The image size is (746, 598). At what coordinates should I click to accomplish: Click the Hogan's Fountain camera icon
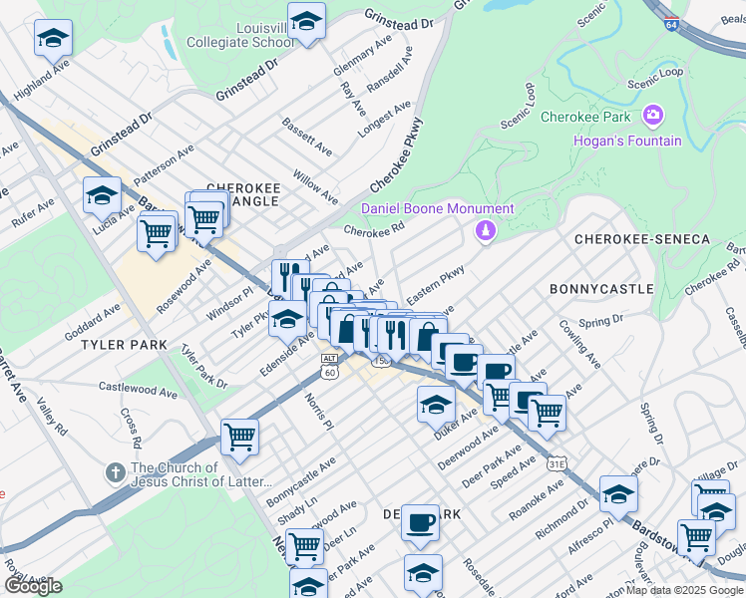click(x=653, y=116)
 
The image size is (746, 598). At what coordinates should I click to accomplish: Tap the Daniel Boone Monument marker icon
click(x=486, y=231)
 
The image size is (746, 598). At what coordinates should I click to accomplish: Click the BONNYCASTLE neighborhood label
click(x=601, y=289)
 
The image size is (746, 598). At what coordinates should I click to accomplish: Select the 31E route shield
click(x=559, y=462)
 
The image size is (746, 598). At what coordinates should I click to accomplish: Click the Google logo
click(x=33, y=585)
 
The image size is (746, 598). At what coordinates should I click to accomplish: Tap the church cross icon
click(x=117, y=470)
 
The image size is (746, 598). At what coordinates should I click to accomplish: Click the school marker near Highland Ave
click(x=52, y=40)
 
